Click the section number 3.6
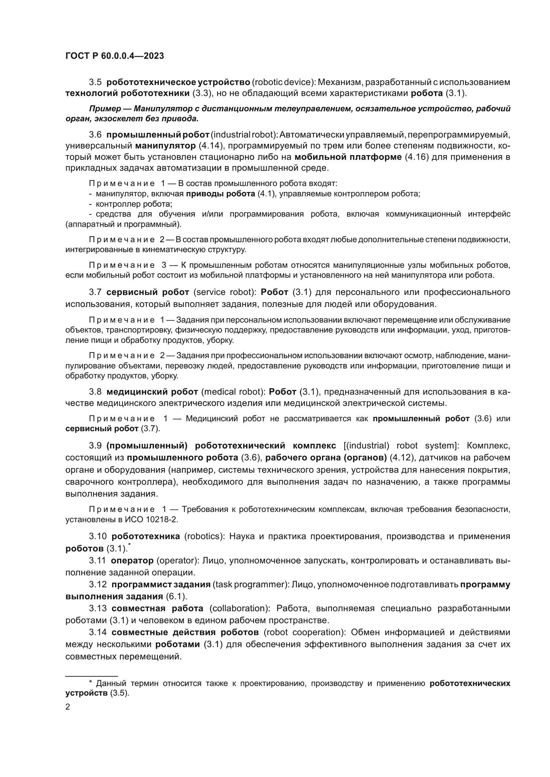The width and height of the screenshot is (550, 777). coord(95,135)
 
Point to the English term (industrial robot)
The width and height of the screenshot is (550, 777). coord(244,135)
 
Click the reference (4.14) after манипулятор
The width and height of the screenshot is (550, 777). coord(209,146)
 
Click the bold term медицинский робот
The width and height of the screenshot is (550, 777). coord(152,392)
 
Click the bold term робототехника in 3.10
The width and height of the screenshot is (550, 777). coord(146,536)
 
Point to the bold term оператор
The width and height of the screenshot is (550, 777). coord(132,560)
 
